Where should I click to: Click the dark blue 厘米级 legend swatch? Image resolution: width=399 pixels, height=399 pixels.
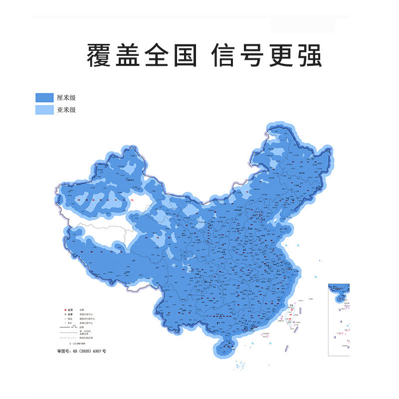click(x=44, y=98)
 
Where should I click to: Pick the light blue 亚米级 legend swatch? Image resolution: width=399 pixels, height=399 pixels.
click(x=44, y=110)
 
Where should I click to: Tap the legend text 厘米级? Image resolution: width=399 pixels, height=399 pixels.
click(x=66, y=98)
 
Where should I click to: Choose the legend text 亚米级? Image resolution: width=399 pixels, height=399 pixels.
click(x=66, y=110)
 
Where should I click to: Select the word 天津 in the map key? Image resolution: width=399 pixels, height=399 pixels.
click(x=71, y=315)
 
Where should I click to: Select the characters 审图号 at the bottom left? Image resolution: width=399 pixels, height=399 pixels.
click(x=63, y=352)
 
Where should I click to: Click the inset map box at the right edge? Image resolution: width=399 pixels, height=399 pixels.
click(x=339, y=319)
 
